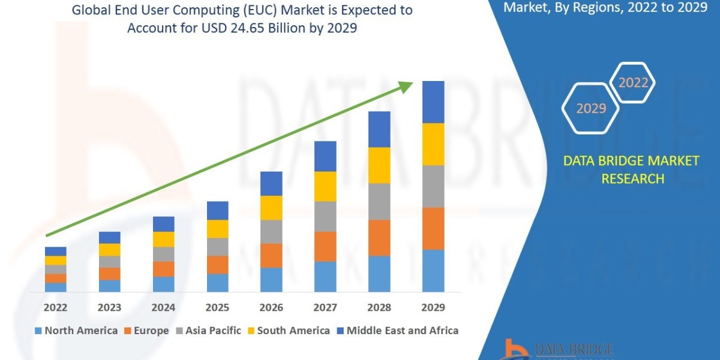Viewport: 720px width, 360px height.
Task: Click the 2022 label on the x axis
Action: click(55, 308)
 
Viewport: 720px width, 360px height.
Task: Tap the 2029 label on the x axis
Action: click(433, 308)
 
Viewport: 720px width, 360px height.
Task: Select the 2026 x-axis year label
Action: click(271, 308)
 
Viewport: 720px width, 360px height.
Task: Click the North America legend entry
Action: click(76, 331)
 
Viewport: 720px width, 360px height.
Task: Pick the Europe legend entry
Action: click(146, 331)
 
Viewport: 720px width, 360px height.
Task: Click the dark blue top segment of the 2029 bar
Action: click(433, 102)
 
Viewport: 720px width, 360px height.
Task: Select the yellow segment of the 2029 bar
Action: click(433, 144)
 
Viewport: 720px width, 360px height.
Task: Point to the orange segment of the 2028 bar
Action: click(379, 238)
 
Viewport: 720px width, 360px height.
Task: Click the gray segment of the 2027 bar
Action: click(325, 217)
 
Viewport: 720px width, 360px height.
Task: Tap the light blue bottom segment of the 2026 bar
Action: click(271, 280)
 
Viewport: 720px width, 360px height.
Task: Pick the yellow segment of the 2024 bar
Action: click(163, 239)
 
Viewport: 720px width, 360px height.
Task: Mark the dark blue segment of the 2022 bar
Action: click(55, 251)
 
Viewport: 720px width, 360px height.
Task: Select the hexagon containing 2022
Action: click(632, 83)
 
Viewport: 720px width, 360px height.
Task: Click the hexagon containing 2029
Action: click(590, 109)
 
